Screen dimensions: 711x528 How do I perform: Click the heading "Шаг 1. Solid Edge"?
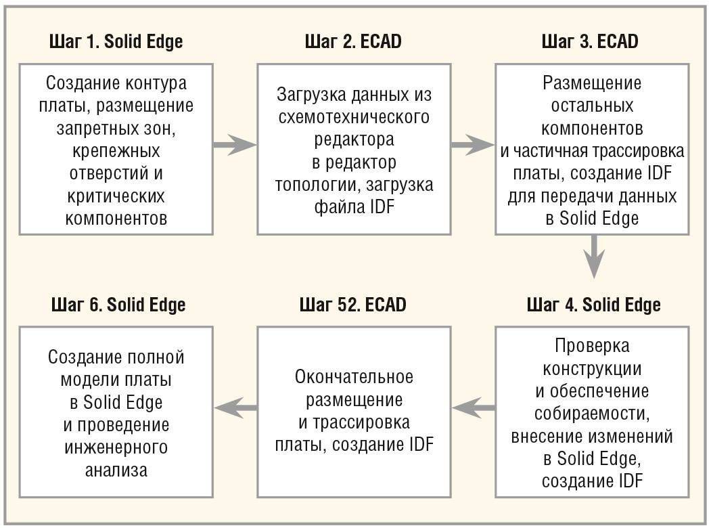click(116, 42)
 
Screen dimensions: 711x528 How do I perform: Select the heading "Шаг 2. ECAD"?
click(353, 41)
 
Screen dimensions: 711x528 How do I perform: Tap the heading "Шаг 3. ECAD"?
click(590, 41)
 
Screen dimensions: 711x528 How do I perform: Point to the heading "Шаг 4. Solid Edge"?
click(593, 305)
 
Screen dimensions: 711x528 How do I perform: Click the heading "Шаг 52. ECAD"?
click(352, 305)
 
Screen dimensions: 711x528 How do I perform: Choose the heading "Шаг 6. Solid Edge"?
click(118, 305)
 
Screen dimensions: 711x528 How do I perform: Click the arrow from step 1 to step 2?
click(235, 145)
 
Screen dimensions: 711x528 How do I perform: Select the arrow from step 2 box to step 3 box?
click(472, 145)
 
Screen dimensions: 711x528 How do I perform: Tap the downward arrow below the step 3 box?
click(594, 257)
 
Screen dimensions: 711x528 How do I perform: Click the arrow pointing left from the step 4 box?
click(474, 408)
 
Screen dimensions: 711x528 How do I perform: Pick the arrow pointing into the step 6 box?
click(235, 408)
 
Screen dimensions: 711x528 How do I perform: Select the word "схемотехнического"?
click(354, 117)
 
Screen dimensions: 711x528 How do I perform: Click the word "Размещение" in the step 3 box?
click(592, 83)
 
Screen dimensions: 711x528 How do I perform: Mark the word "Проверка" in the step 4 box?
click(592, 346)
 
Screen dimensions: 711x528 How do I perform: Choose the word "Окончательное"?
click(354, 377)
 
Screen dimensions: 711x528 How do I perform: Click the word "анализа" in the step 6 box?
click(116, 470)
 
